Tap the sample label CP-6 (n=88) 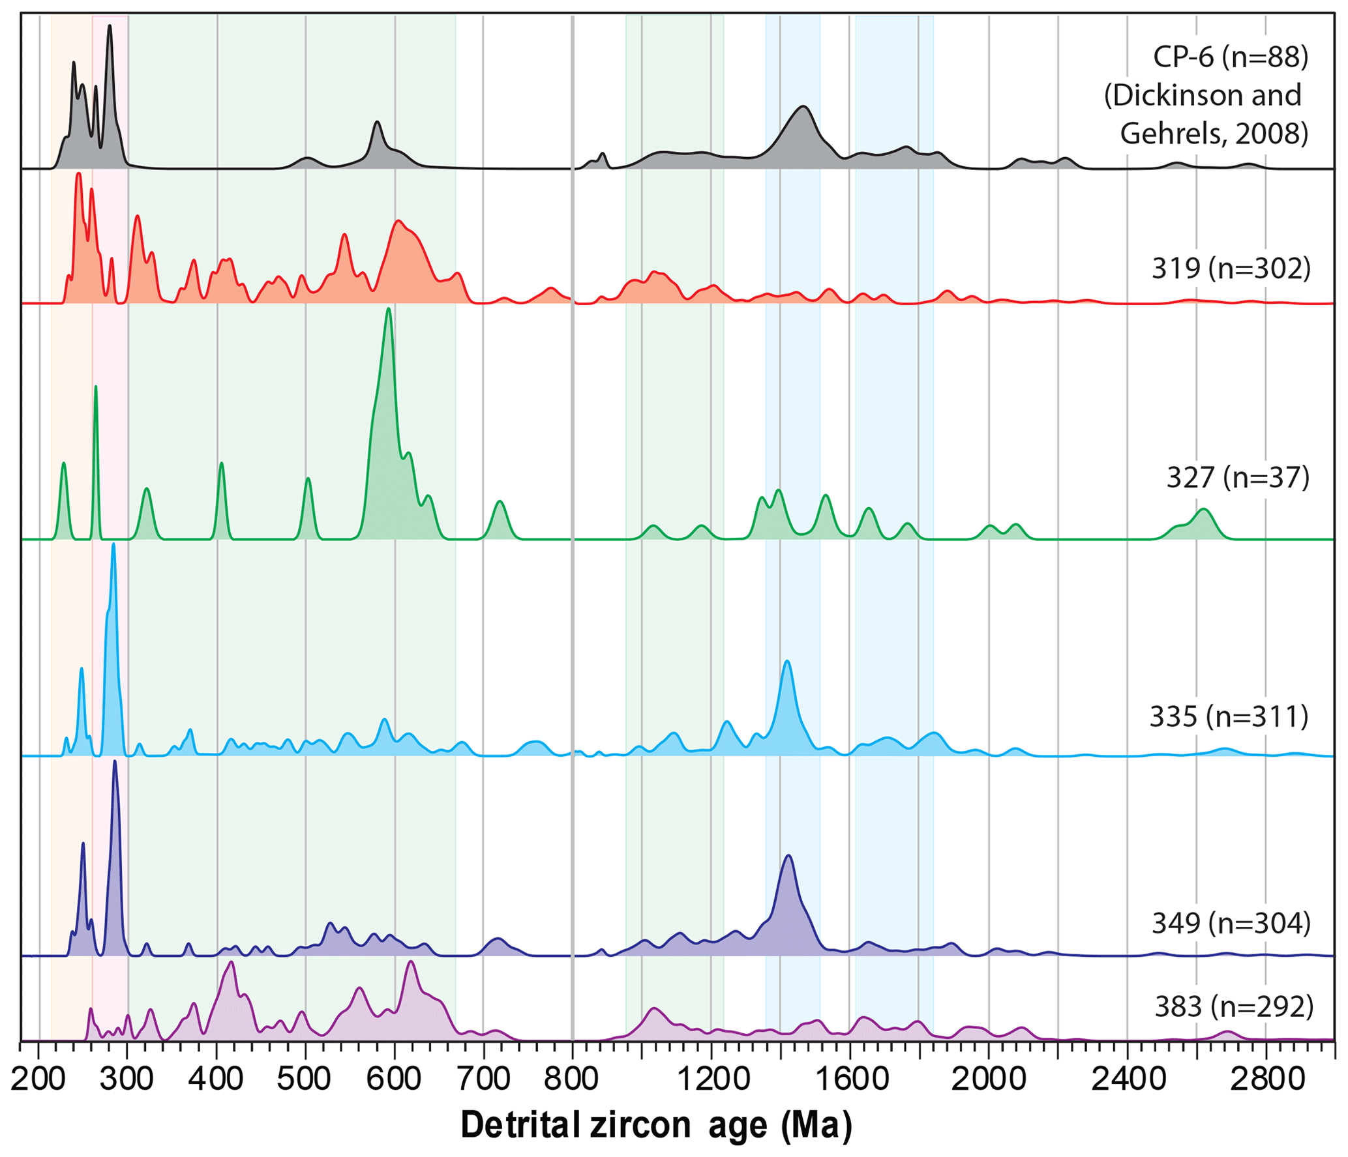tap(1230, 57)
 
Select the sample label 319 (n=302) tap(1231, 268)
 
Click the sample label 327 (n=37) tap(1237, 477)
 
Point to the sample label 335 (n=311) tap(1229, 716)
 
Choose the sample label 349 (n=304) tap(1231, 922)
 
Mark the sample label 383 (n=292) tap(1233, 1006)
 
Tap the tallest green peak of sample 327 tap(389, 310)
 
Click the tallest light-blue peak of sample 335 tap(113, 545)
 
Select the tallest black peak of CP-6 tap(110, 26)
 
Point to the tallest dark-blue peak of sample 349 tap(115, 762)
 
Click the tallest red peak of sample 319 tap(78, 174)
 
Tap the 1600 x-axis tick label tap(850, 1079)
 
